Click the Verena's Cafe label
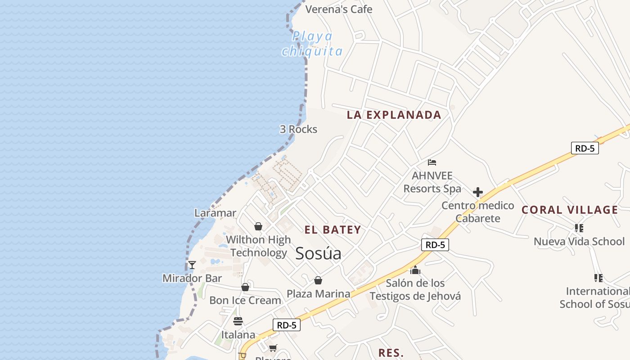coord(339,9)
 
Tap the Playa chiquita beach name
coord(312,44)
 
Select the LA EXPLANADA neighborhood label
coord(394,115)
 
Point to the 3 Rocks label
coord(298,129)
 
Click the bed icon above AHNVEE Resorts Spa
coord(432,162)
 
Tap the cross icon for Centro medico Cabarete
coord(478,193)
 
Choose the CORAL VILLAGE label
coord(570,210)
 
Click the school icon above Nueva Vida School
coord(579,228)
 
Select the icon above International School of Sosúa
coord(598,278)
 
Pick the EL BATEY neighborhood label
coord(333,230)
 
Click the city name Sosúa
coord(318,254)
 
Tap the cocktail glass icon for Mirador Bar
coord(192,265)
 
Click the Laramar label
coord(215,213)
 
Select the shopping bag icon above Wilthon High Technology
coord(258,226)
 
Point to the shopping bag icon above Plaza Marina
coord(318,280)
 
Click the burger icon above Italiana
coord(238,321)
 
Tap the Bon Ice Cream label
coord(245,300)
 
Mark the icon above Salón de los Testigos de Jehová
coord(415,270)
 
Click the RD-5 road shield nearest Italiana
coord(286,325)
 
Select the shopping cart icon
coord(273,348)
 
